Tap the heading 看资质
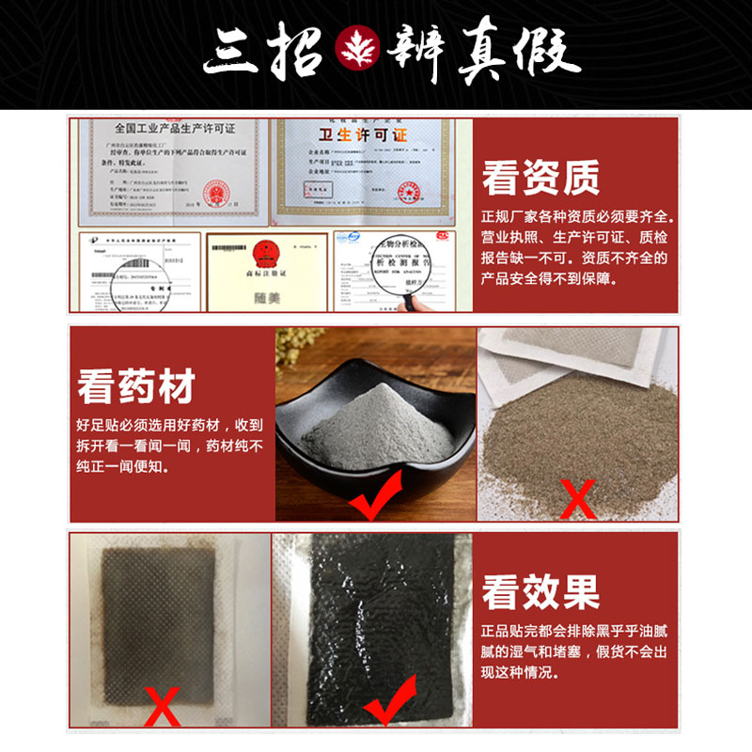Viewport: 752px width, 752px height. [540, 176]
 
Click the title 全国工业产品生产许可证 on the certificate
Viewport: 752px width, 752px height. [174, 128]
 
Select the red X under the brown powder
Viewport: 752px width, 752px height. [577, 499]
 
